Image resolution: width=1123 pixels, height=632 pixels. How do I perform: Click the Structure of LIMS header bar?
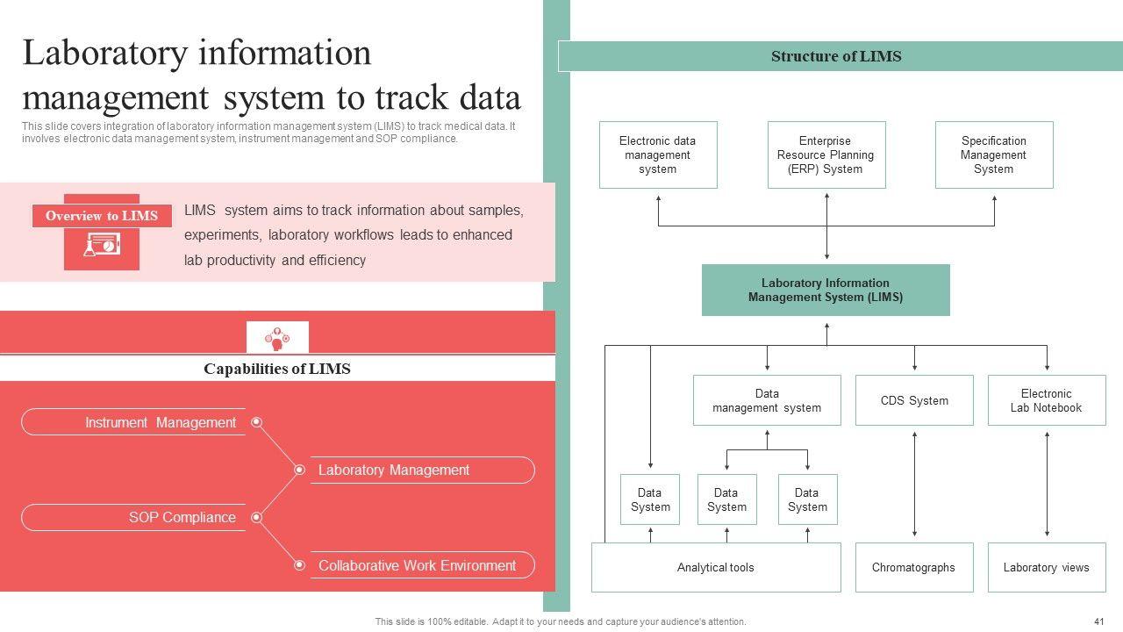pyautogui.click(x=836, y=56)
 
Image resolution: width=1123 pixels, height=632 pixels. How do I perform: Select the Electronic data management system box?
pyautogui.click(x=658, y=154)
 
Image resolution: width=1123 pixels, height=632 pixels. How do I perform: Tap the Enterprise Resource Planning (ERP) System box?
pyautogui.click(x=826, y=154)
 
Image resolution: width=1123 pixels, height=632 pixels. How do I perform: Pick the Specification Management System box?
pyautogui.click(x=993, y=154)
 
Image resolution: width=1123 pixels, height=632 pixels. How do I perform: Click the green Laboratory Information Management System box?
pyautogui.click(x=826, y=290)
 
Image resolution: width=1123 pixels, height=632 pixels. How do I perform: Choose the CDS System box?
pyautogui.click(x=914, y=400)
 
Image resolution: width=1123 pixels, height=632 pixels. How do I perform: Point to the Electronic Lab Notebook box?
pyautogui.click(x=1046, y=400)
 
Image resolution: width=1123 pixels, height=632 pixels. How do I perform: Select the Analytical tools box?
pyautogui.click(x=715, y=567)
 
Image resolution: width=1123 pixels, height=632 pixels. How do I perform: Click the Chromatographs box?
pyautogui.click(x=913, y=567)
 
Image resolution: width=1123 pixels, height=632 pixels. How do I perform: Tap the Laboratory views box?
pyautogui.click(x=1046, y=567)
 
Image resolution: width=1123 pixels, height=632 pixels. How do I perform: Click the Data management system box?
pyautogui.click(x=767, y=400)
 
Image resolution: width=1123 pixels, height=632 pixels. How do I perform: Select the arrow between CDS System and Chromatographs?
pyautogui.click(x=914, y=484)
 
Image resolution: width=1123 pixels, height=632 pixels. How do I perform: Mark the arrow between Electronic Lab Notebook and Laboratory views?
pyautogui.click(x=1047, y=484)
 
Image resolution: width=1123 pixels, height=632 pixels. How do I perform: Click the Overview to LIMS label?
pyautogui.click(x=102, y=216)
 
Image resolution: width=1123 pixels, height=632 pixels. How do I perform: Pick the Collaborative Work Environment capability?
pyautogui.click(x=417, y=565)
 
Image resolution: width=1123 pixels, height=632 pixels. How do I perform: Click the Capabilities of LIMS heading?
pyautogui.click(x=277, y=369)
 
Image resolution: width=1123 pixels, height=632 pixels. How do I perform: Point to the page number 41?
pyautogui.click(x=1098, y=621)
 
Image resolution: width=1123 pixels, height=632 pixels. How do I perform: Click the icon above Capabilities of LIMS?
pyautogui.click(x=277, y=337)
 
